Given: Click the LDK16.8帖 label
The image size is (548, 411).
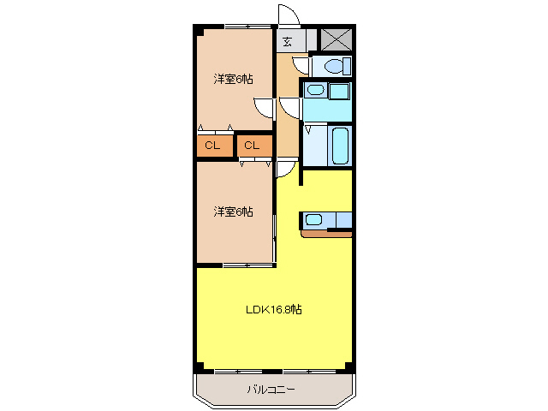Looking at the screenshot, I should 273,309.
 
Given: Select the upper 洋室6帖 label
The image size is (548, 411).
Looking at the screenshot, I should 233,80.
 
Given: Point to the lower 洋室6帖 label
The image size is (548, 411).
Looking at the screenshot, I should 233,211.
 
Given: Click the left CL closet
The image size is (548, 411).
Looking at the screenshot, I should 213,146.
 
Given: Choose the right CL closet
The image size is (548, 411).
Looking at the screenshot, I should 252,146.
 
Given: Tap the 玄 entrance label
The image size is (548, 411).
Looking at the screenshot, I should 288,41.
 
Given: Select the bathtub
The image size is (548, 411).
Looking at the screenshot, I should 339,146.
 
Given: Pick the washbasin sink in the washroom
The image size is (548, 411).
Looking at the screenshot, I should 316,90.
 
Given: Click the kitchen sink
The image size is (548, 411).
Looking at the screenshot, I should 314,220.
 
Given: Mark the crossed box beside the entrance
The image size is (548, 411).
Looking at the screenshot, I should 335,39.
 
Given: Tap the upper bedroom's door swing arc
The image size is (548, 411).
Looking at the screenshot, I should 265,108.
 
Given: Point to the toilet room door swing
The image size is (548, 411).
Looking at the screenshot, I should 301,63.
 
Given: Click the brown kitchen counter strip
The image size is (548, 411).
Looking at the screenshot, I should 326,231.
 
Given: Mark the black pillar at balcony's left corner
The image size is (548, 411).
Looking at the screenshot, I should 200,368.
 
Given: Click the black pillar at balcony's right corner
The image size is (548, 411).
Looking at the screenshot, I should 349,368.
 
